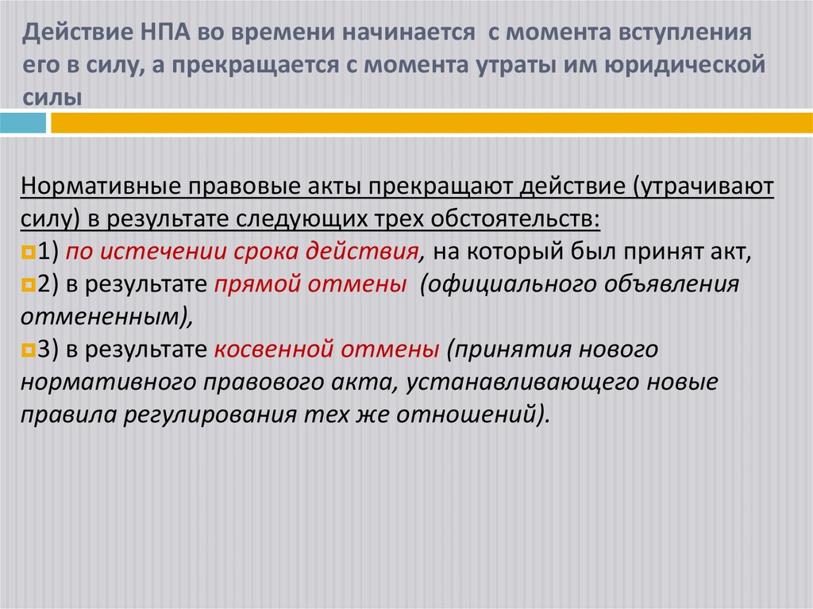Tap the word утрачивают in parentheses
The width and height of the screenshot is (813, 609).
pos(709,187)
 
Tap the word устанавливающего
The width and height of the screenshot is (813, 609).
pos(524,382)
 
